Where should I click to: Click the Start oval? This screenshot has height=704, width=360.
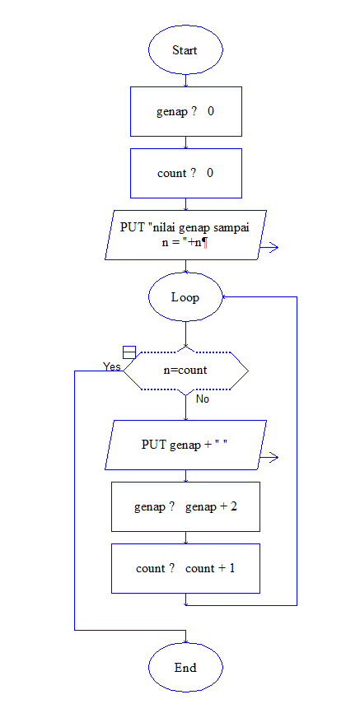(185, 50)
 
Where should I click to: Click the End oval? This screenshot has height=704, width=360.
(185, 667)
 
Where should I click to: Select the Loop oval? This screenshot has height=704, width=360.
(185, 297)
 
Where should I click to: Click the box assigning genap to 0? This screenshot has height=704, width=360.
(185, 111)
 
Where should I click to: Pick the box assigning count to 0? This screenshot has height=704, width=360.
(185, 173)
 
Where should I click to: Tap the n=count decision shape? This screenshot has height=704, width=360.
(185, 371)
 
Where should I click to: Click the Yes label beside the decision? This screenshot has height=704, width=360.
(112, 366)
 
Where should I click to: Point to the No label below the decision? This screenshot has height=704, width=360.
(202, 399)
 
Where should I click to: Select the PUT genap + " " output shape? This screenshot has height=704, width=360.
(185, 445)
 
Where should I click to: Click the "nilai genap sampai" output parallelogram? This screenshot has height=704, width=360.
(185, 235)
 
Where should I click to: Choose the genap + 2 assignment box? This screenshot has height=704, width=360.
(185, 506)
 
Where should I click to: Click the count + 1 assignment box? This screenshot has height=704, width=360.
(185, 568)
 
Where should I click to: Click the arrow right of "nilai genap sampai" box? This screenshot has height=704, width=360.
(271, 246)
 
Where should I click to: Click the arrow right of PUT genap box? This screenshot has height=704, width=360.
(271, 456)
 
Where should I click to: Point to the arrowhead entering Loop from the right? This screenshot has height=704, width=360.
(226, 297)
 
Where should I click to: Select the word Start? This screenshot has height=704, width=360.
(185, 50)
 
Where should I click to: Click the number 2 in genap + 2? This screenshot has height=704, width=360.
(234, 506)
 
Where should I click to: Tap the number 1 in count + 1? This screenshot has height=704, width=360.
(232, 568)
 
